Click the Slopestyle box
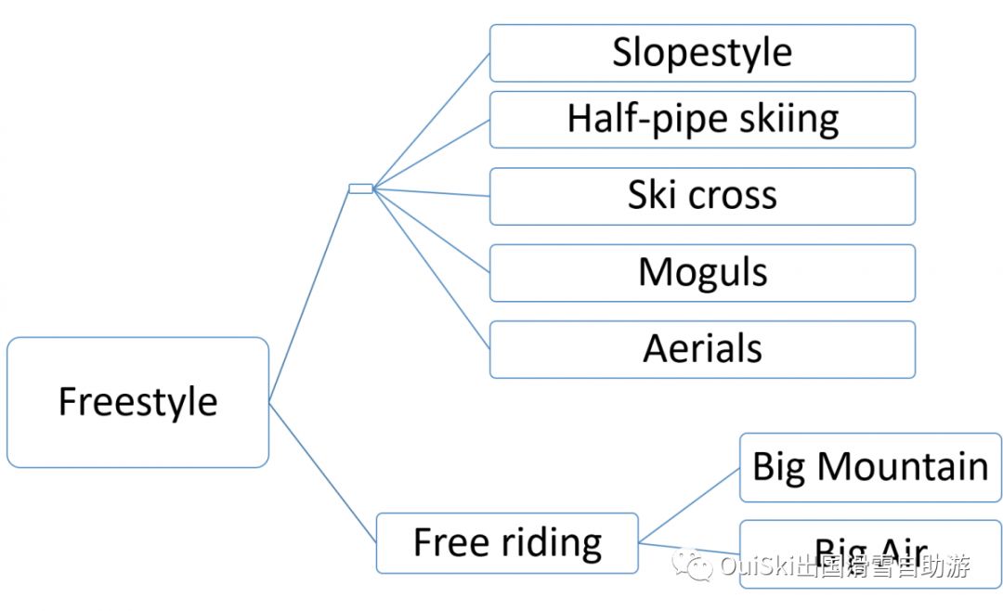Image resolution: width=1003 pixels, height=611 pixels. point(702,53)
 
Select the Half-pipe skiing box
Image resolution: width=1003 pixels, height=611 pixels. point(702,119)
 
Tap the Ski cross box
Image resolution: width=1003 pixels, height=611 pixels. point(702,196)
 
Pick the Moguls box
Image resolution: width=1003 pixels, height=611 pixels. point(702,273)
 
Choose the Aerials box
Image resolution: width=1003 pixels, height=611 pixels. point(702,349)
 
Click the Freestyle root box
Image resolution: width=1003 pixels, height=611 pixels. point(137,402)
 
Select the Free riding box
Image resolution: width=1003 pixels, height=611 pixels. point(507,542)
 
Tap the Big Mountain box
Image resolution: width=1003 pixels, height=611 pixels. point(870,467)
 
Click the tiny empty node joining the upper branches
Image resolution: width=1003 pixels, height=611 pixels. point(360,188)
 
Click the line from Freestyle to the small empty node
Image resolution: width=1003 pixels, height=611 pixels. point(309,295)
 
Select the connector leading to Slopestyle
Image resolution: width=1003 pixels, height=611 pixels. point(431,121)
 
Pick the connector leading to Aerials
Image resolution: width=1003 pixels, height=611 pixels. point(431,268)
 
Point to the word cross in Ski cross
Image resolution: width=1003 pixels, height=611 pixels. point(732,196)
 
